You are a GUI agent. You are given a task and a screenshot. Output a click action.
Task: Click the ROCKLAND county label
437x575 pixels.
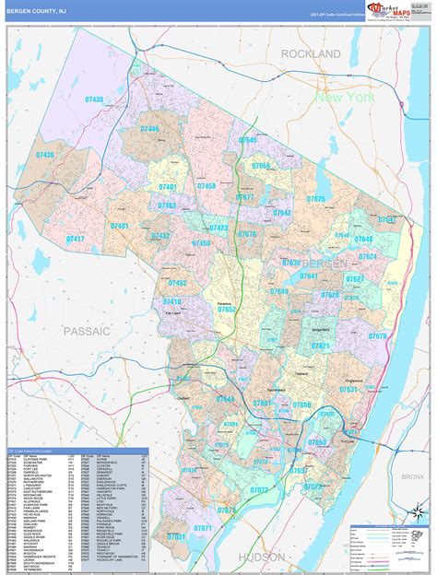click(x=311, y=54)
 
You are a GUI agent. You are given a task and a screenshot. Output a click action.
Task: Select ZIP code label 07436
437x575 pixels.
click(x=42, y=155)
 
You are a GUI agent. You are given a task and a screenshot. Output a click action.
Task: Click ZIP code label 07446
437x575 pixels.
click(x=149, y=129)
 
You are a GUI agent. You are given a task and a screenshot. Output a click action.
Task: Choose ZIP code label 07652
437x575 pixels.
click(x=227, y=311)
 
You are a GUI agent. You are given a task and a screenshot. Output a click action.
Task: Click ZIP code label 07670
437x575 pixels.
click(x=378, y=336)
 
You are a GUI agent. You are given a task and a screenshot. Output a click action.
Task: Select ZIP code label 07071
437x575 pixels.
click(x=203, y=528)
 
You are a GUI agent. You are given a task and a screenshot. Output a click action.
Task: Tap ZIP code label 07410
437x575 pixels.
click(x=172, y=302)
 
